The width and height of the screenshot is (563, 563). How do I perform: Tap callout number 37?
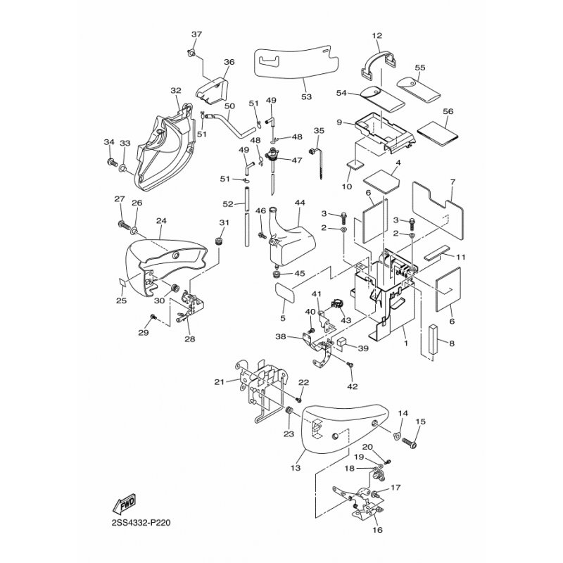[x=196, y=34]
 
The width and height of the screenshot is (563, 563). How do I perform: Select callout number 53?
[x=305, y=96]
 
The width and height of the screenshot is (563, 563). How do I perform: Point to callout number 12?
[x=377, y=35]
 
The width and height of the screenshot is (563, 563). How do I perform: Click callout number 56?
[x=448, y=112]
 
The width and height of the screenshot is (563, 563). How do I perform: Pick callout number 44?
[x=300, y=203]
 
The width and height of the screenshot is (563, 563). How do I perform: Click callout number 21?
[x=218, y=381]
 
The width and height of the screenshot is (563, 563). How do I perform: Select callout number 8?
[x=452, y=344]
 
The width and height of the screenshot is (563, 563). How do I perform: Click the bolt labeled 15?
[x=413, y=444]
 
